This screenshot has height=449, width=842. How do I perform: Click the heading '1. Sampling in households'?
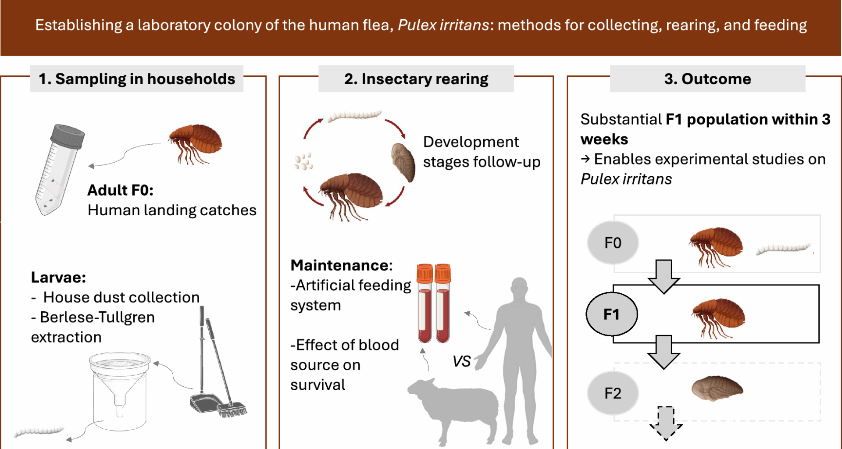[x=136, y=79]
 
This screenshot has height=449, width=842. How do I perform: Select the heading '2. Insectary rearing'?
[x=416, y=79]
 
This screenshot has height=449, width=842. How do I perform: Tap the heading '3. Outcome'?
[x=707, y=79]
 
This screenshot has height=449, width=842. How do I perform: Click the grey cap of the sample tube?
[x=67, y=136]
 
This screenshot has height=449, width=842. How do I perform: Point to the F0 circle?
[x=613, y=242]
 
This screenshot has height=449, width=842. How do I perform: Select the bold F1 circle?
[x=611, y=314]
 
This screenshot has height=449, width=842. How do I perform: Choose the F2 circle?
[x=613, y=393]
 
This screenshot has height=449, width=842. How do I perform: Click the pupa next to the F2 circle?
[x=717, y=388]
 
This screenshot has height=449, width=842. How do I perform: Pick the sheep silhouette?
[x=454, y=406]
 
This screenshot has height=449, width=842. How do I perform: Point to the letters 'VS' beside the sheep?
[x=461, y=361]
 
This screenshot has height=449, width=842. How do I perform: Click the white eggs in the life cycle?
[x=303, y=162]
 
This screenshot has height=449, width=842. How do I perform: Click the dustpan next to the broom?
[x=204, y=403]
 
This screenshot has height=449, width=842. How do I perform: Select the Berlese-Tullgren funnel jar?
[x=119, y=390]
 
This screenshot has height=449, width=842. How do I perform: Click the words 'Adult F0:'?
[x=120, y=190]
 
